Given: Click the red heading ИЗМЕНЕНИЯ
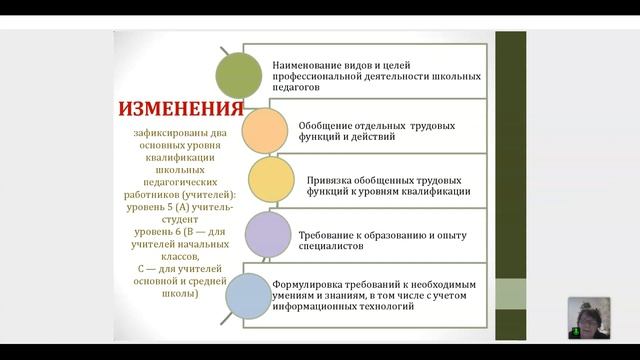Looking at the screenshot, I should [181, 109].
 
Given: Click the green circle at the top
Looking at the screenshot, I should [240, 74].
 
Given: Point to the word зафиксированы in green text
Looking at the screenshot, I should [171, 132].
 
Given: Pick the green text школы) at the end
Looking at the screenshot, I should [181, 293].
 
